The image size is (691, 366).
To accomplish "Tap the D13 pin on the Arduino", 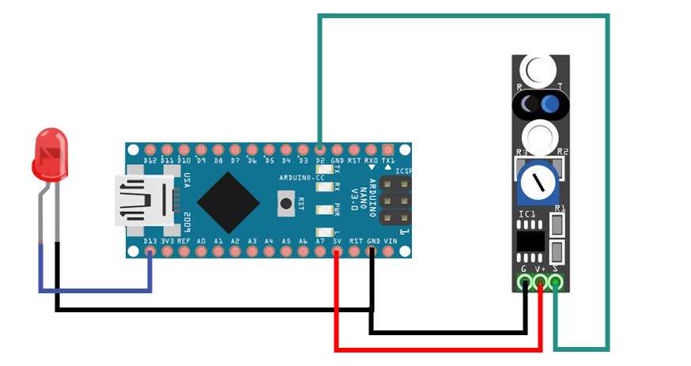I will tap(150, 252).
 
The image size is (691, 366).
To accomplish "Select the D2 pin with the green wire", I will tap(319, 148).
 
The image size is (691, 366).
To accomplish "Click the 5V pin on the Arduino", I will tap(337, 252).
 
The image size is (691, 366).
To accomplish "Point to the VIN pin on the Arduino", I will tap(389, 252).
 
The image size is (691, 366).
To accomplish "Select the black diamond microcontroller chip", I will tap(228, 201).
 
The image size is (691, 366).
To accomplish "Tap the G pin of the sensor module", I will tap(524, 281).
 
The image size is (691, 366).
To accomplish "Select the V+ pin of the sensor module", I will tap(541, 281).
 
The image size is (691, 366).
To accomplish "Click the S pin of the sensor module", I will tap(557, 281).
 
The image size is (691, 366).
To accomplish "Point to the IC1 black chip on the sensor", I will tap(530, 240).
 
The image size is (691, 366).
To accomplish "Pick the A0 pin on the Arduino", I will tap(201, 252).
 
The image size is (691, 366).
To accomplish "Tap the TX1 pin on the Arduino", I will tap(388, 148).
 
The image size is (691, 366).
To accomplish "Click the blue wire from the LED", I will tap(95, 291).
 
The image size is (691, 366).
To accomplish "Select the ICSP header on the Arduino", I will tap(395, 201).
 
